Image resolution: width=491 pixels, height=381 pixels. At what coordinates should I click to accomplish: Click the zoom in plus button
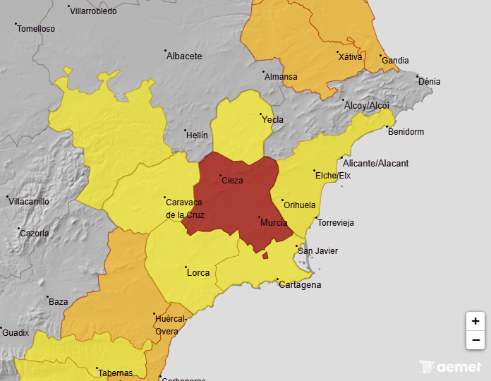pos(475,321)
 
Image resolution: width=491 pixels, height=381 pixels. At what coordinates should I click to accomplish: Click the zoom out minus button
pos(475,340)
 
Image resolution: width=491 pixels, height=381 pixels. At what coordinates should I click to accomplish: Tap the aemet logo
pos(451,367)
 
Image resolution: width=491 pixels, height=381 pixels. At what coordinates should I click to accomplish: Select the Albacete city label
pos(183,56)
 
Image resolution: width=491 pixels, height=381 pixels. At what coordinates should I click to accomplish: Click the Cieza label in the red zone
pos(232,181)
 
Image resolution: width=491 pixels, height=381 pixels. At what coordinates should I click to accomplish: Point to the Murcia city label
pos(274,223)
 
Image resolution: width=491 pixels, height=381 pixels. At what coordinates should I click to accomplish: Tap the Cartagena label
pos(300,285)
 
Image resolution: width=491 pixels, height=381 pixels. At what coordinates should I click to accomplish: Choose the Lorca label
pos(198,273)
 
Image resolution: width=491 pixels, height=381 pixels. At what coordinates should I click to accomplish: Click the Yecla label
pos(272,120)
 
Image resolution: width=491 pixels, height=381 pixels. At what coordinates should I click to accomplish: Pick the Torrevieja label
pos(336,223)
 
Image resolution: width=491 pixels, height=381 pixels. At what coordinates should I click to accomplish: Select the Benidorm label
pos(406,132)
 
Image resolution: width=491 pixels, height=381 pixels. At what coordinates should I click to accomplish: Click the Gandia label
pos(395,61)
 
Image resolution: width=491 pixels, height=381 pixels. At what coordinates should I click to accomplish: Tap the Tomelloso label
pos(36,29)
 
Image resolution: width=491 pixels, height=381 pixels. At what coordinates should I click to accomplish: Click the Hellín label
pos(197,134)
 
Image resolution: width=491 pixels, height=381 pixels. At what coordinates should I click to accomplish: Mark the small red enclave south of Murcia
pos(265,256)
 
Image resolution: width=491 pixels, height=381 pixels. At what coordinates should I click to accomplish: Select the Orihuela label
pos(299,205)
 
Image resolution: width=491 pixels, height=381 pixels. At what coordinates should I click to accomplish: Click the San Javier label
pos(317,251)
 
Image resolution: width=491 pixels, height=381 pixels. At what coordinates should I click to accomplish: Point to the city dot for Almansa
pos(264,72)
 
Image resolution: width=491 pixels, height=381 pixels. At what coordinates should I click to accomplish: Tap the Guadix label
pos(16,332)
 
